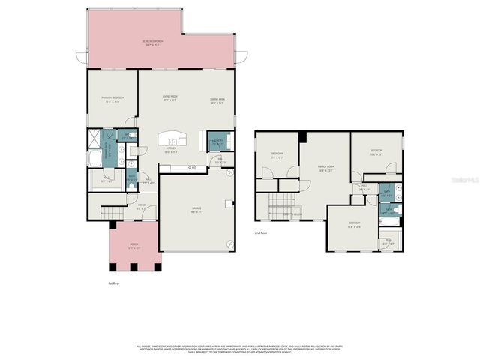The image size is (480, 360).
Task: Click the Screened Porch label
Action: click(155, 43)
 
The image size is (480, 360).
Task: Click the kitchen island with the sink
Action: click(172, 139)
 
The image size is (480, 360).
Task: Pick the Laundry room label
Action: click(217, 141)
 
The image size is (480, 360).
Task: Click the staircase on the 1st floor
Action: click(112, 214)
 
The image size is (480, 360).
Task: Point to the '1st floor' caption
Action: click(115, 283)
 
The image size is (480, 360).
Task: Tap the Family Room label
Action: click(325, 168)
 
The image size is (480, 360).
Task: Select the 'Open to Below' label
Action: click(292, 214)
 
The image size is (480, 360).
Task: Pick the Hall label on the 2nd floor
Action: click(364, 188)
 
